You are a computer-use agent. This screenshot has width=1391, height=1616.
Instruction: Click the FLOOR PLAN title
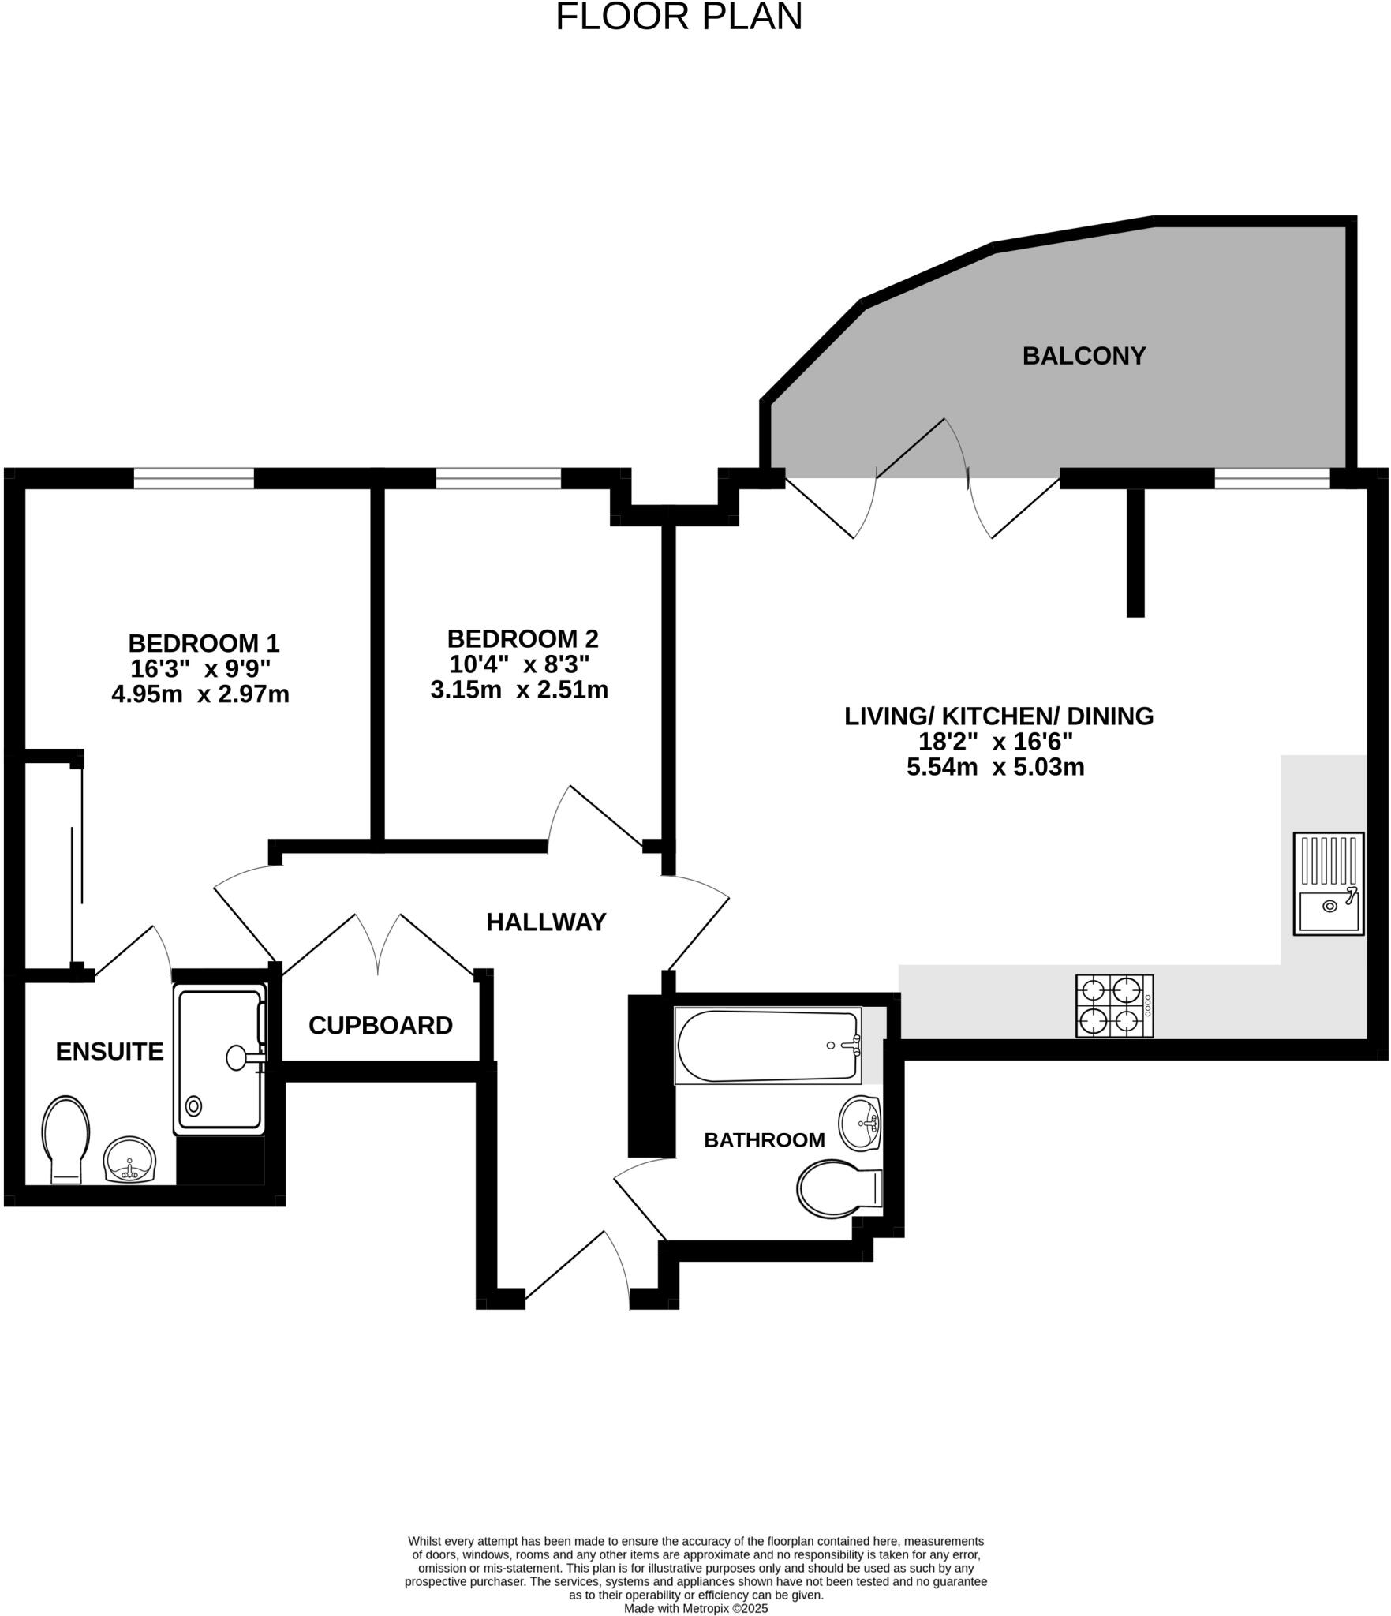click(x=679, y=17)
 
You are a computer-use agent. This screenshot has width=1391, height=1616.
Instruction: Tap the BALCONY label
click(x=1083, y=356)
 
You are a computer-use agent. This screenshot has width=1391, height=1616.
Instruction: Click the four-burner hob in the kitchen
click(x=1114, y=1005)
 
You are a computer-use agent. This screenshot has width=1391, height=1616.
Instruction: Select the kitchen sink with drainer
click(x=1328, y=884)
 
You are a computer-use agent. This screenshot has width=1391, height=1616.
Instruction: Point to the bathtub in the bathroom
click(x=768, y=1046)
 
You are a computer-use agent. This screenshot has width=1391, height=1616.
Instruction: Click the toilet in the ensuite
click(x=65, y=1138)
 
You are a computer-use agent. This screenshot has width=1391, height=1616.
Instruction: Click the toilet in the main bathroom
click(x=838, y=1188)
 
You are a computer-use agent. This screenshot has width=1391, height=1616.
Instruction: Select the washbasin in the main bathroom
click(x=859, y=1124)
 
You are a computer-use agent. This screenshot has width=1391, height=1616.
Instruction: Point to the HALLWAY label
click(x=546, y=922)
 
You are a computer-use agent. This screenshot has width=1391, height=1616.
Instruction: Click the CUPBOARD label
click(x=380, y=1025)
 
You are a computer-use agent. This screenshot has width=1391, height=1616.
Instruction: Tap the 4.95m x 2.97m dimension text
click(x=200, y=694)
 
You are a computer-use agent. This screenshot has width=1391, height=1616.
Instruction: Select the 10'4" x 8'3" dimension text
click(x=519, y=664)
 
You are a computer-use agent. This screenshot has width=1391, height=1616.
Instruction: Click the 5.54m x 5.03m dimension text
click(x=996, y=767)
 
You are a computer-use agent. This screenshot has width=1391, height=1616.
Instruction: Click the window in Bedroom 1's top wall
click(x=193, y=478)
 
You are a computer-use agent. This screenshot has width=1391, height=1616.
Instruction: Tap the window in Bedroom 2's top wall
click(x=498, y=478)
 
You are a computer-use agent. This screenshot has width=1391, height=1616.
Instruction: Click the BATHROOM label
click(x=764, y=1139)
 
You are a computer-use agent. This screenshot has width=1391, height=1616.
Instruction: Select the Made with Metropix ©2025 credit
click(x=695, y=1608)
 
